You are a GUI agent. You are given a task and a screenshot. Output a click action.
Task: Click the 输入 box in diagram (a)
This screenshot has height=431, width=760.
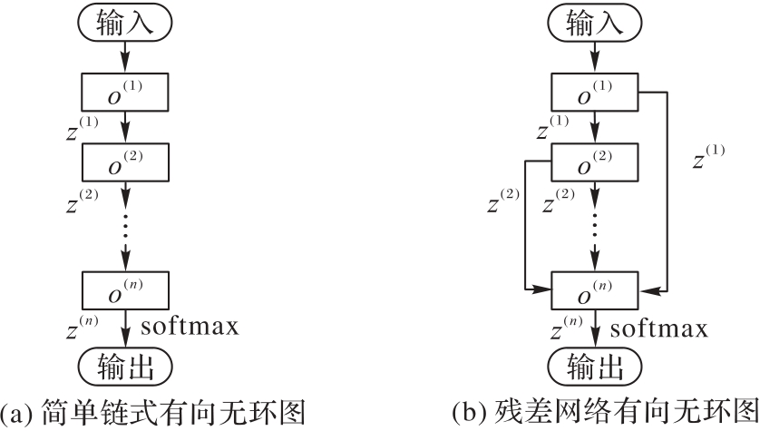tap(125, 24)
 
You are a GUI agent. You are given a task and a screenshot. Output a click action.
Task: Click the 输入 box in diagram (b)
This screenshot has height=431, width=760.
tap(595, 24)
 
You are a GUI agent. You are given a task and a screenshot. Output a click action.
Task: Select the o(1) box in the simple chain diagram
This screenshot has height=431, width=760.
tap(125, 93)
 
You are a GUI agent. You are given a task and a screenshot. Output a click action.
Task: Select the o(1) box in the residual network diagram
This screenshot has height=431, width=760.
tap(595, 93)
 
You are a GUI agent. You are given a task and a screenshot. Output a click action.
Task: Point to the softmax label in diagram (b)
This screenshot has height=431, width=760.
tap(659, 326)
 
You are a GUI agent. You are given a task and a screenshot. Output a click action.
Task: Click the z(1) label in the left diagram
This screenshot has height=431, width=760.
tap(83, 128)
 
